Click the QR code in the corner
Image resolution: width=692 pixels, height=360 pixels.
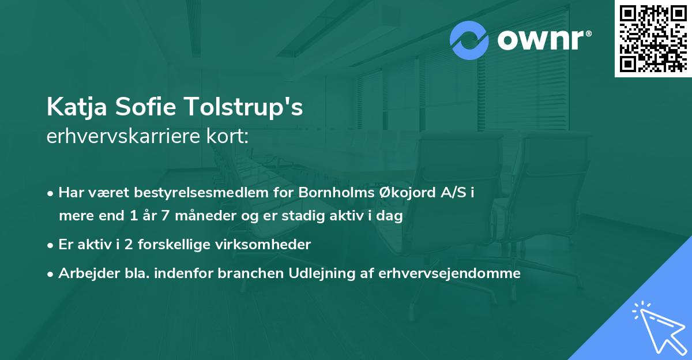(x=652, y=39)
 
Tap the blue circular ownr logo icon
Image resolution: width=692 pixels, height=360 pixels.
(x=469, y=40)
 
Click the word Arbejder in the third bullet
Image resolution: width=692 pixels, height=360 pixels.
(x=84, y=273)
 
